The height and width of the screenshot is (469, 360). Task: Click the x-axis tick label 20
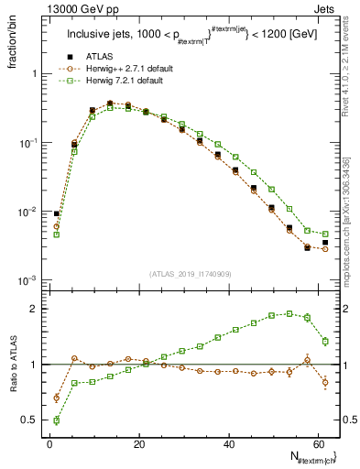tap(138, 444)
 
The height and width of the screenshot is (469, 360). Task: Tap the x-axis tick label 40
tap(228, 444)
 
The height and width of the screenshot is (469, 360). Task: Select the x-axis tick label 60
tap(318, 444)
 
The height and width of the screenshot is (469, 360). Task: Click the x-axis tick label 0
tap(49, 444)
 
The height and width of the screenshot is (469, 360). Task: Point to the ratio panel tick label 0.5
tap(29, 420)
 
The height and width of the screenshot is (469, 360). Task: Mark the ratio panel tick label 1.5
tap(29, 337)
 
